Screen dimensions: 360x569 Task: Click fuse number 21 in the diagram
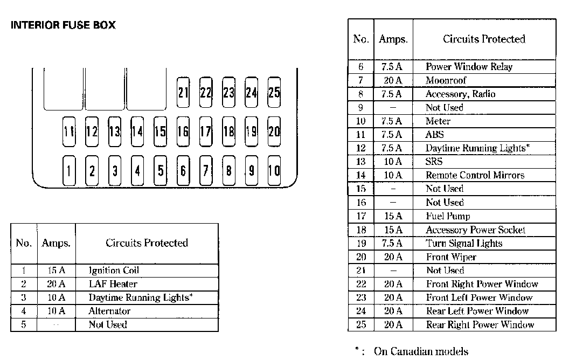click(x=183, y=92)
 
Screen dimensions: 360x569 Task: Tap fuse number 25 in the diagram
click(x=274, y=92)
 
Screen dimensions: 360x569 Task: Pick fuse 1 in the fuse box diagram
click(x=69, y=171)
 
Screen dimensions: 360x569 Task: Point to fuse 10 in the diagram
click(x=274, y=171)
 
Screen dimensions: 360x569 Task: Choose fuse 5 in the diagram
click(x=161, y=171)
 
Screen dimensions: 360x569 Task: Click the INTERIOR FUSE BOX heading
click(x=63, y=25)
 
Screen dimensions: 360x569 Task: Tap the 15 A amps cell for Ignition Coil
click(x=56, y=271)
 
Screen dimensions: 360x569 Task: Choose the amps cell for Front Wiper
click(x=393, y=257)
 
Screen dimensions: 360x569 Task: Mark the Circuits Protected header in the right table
click(x=484, y=39)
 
